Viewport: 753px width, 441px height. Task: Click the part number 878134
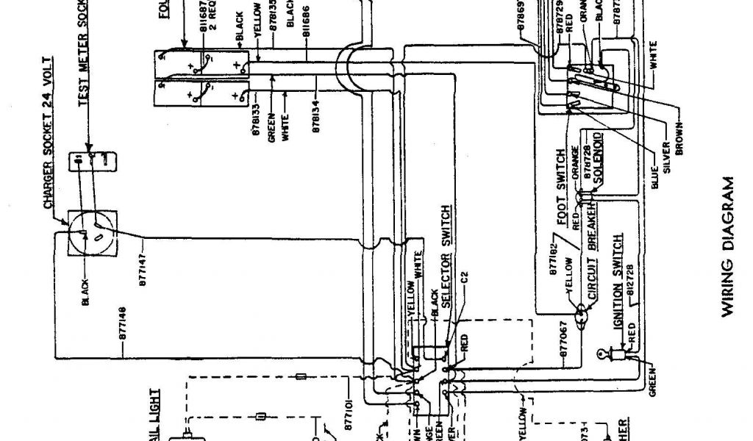point(316,114)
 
